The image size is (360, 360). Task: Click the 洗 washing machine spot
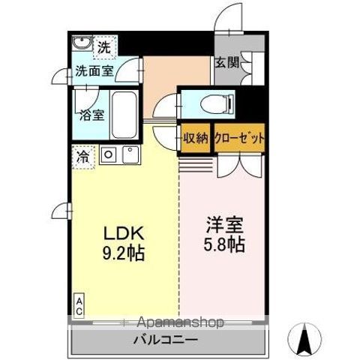pyautogui.click(x=106, y=46)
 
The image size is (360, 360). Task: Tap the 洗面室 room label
pyautogui.click(x=94, y=73)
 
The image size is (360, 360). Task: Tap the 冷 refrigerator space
pyautogui.click(x=82, y=157)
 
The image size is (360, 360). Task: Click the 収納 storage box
pyautogui.click(x=196, y=139)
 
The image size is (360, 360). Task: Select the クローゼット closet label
pyautogui.click(x=240, y=139)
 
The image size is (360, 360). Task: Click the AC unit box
pyautogui.click(x=78, y=303)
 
